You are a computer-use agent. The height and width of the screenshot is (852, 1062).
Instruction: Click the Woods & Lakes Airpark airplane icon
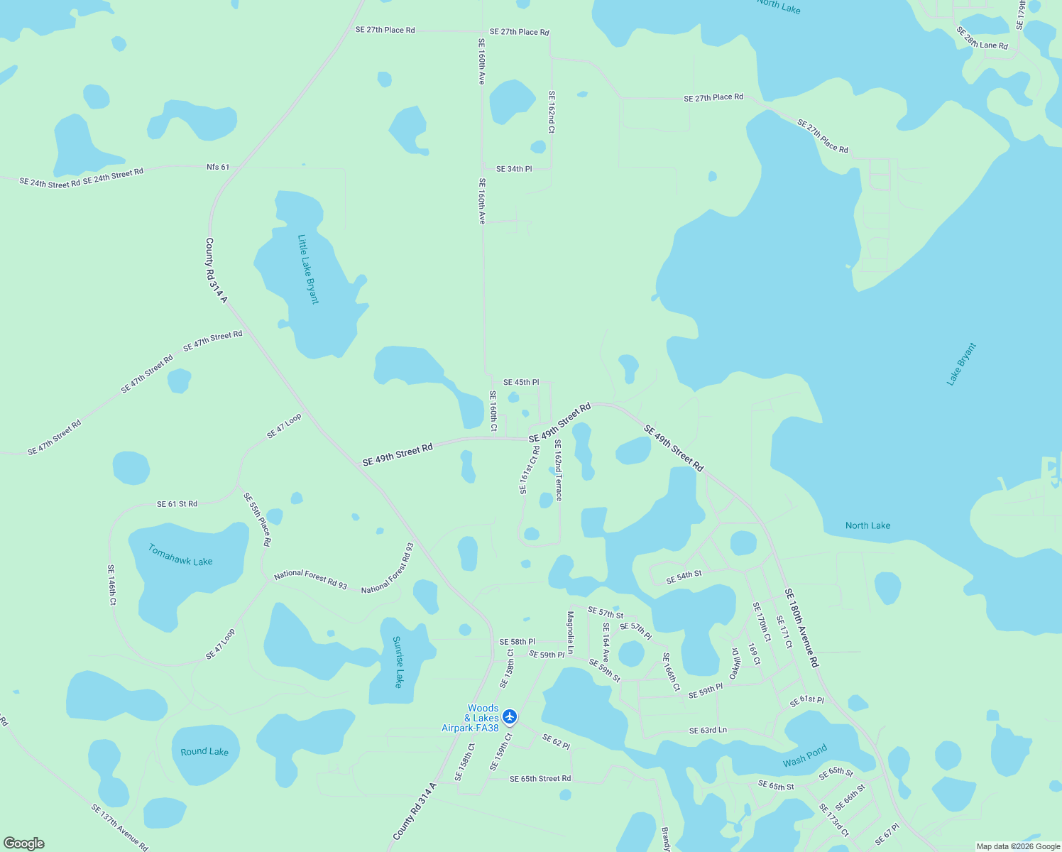click(x=509, y=716)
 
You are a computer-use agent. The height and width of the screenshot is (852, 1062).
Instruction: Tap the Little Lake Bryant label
click(x=308, y=269)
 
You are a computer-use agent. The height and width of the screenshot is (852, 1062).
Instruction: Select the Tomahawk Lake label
click(x=180, y=555)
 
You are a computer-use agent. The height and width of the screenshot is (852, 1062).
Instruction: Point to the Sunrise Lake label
click(x=398, y=662)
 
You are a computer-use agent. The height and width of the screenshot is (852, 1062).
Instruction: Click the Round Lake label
click(x=204, y=751)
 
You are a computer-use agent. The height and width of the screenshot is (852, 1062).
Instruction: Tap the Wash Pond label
click(x=805, y=756)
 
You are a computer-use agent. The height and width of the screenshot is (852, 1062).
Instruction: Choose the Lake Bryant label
click(x=962, y=364)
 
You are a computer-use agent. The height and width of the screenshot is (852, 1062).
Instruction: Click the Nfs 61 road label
click(x=218, y=168)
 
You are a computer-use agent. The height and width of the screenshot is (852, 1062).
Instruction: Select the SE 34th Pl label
click(x=514, y=169)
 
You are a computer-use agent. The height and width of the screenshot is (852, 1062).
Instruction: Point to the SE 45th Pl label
click(x=521, y=383)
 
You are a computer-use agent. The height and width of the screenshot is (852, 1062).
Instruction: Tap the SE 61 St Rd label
click(x=177, y=504)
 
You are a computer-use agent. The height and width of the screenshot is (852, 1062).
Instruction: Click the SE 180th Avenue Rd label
click(x=801, y=628)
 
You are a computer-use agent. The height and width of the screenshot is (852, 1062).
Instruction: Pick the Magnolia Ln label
click(x=570, y=633)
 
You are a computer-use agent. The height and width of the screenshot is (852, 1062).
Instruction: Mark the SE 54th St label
click(x=684, y=578)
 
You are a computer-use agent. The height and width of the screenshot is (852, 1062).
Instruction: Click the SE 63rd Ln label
click(x=708, y=731)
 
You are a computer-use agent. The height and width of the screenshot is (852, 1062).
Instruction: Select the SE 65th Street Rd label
click(x=540, y=779)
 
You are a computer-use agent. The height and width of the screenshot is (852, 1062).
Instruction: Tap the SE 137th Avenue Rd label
click(x=119, y=827)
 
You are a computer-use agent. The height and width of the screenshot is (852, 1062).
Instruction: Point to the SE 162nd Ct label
click(x=552, y=111)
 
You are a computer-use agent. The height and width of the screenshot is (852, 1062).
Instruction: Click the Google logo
click(x=23, y=843)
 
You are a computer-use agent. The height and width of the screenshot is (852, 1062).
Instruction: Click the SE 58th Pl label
click(x=517, y=642)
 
